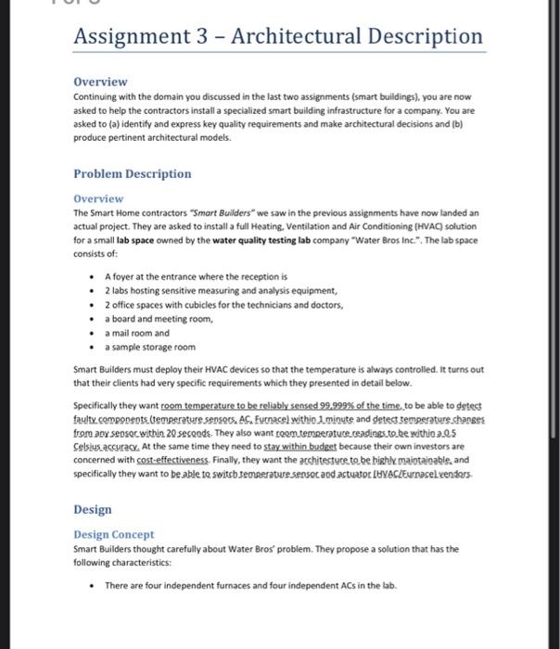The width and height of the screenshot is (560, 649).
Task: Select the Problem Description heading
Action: [x=132, y=173]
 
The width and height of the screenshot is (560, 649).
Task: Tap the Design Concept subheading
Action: [x=114, y=535]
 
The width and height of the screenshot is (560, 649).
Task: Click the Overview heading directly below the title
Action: [x=100, y=82]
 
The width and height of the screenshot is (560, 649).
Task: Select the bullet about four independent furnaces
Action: [x=250, y=585]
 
